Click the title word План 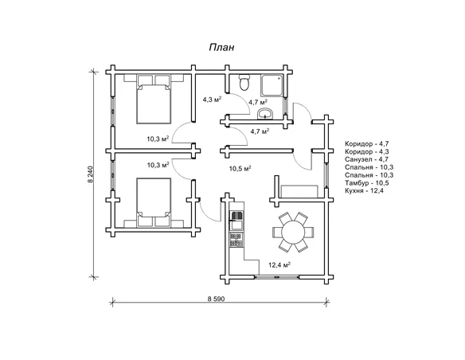pyautogui.click(x=221, y=48)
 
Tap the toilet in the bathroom pyautogui.click(x=244, y=82)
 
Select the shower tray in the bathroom pyautogui.click(x=272, y=84)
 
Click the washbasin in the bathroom pyautogui.click(x=264, y=114)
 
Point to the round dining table pyautogui.click(x=293, y=232)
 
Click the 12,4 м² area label pyautogui.click(x=279, y=264)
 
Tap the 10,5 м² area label pyautogui.click(x=240, y=169)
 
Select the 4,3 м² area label pyautogui.click(x=212, y=99)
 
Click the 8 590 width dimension pyautogui.click(x=217, y=299)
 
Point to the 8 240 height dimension pyautogui.click(x=91, y=174)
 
